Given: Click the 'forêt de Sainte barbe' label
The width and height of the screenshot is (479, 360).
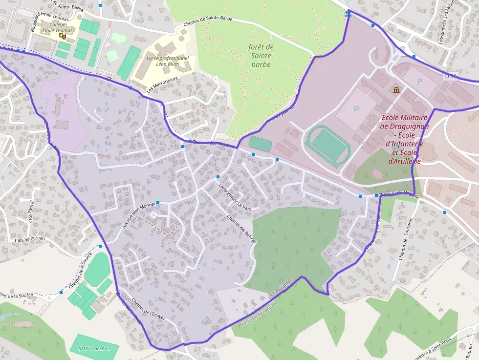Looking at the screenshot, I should [260, 55].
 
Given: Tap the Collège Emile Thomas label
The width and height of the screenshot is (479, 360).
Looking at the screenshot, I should [57, 27].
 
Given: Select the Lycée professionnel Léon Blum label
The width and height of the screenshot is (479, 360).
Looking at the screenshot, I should [168, 61].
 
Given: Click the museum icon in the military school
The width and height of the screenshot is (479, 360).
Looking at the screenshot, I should [396, 90].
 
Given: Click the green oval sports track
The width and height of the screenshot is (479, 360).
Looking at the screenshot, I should [327, 146].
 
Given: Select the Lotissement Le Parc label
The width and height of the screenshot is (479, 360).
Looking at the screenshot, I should [235, 197].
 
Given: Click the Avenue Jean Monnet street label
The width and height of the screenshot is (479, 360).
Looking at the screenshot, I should [138, 215].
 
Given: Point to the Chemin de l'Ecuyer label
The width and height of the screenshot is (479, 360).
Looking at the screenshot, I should [150, 309].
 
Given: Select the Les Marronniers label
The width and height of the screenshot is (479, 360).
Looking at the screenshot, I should [161, 85].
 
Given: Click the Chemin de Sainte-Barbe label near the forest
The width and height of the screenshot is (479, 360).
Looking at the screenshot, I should [208, 21].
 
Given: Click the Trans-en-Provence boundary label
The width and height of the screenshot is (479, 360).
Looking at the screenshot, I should [258, 313].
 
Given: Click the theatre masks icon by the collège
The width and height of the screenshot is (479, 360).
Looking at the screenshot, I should [62, 36].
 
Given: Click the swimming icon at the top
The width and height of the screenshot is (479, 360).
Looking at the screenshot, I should [348, 15].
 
